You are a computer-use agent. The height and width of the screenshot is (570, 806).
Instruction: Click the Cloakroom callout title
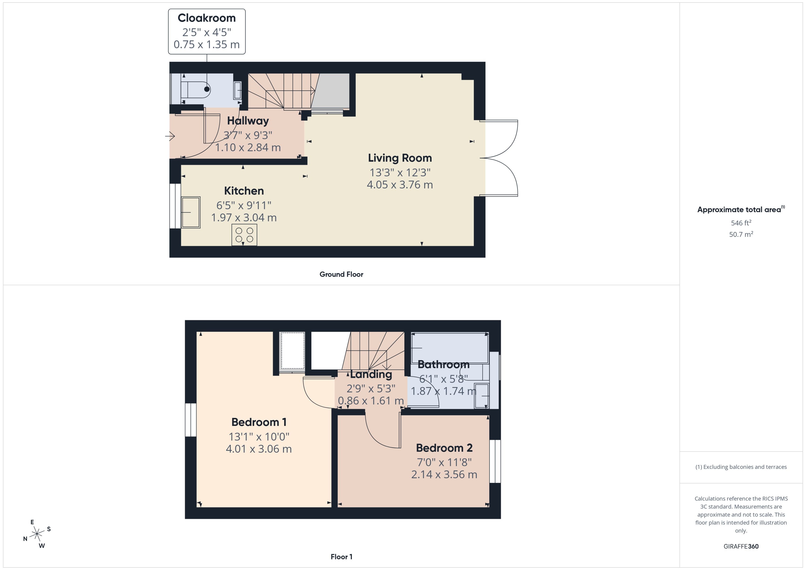click(207, 18)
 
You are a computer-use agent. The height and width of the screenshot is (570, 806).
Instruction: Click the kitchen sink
click(191, 212)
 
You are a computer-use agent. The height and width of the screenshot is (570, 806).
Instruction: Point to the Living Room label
click(400, 158)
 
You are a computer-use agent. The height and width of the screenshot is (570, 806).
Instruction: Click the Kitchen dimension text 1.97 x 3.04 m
click(244, 218)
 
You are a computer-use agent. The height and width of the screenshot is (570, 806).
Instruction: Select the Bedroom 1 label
click(259, 422)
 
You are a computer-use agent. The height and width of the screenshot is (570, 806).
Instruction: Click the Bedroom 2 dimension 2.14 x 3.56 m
click(444, 475)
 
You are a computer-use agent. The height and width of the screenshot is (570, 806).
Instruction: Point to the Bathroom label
click(443, 364)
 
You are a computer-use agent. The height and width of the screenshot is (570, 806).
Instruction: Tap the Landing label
click(371, 374)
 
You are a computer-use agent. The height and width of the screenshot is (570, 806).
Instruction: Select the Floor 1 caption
click(341, 557)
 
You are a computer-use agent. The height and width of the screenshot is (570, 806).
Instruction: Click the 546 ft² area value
click(741, 223)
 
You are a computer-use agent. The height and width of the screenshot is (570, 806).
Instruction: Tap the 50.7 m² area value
click(741, 234)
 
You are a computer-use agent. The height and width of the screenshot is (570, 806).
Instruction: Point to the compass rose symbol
click(37, 534)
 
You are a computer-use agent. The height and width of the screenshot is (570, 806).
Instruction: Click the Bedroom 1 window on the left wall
click(191, 420)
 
